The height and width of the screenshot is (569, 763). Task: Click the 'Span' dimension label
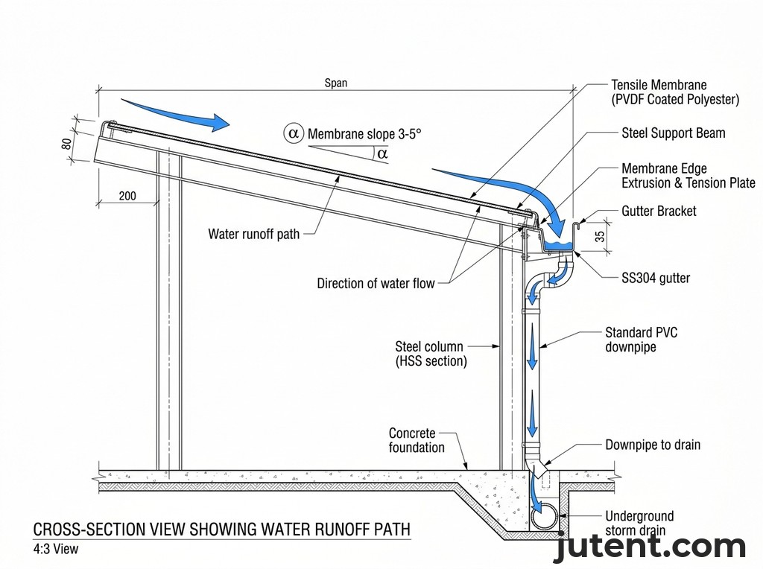335,83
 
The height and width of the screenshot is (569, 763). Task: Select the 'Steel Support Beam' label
673,133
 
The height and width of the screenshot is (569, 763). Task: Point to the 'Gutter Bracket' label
659,212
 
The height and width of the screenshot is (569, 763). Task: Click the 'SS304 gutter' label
656,279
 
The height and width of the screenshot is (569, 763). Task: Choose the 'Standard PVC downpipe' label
641,340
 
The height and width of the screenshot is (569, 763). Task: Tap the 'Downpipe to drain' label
653,445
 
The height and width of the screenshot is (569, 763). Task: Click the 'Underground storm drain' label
639,523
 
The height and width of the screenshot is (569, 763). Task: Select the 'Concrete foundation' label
417,440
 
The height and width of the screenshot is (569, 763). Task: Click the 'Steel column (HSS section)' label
431,354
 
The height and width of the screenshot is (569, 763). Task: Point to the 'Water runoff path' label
253,234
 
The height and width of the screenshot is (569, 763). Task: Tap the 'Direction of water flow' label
376,283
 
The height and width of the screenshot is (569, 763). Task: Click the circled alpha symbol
294,133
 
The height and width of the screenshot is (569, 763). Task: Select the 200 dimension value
127,197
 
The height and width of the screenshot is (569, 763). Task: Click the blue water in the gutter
560,244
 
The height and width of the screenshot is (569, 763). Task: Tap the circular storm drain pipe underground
543,515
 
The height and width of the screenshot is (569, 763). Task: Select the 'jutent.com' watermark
649,547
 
